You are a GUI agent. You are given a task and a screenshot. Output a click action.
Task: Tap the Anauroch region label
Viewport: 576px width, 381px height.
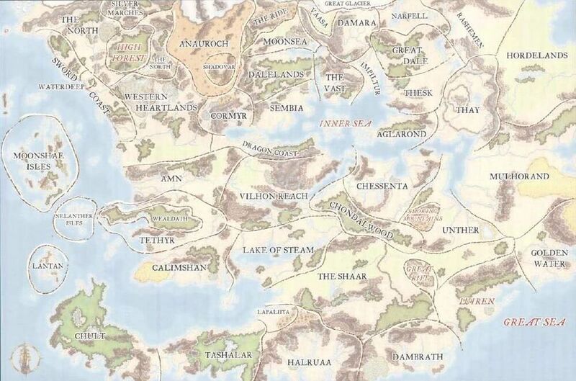pos(203,43)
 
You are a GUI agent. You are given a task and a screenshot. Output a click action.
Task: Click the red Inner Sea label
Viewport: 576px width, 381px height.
pos(344,123)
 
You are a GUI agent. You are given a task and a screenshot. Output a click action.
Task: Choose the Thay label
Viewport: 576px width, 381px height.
pos(462,109)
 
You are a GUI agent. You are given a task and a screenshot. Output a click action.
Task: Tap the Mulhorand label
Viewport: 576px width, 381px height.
pos(518,176)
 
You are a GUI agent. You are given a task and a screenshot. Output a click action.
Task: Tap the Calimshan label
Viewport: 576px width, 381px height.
pos(181,268)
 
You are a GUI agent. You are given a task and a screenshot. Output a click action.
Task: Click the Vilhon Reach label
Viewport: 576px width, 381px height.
pos(274,196)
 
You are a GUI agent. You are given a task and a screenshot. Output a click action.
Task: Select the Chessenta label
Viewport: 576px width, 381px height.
pos(382,186)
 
